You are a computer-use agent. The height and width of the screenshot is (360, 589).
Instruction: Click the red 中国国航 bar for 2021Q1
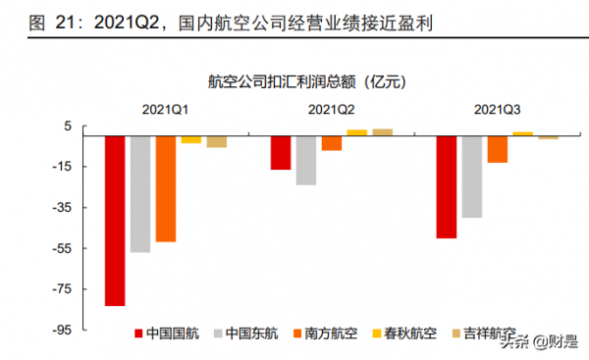pyautogui.click(x=114, y=221)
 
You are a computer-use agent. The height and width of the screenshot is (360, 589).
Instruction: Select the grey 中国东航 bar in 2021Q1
pyautogui.click(x=139, y=194)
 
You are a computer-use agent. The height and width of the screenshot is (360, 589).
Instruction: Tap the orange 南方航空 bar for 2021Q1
pyautogui.click(x=165, y=188)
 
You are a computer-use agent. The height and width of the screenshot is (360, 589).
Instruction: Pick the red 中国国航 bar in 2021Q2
pyautogui.click(x=281, y=153)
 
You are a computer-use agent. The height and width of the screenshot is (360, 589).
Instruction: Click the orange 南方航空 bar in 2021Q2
pyautogui.click(x=331, y=143)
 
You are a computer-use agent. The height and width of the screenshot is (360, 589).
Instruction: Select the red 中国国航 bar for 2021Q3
pyautogui.click(x=446, y=186)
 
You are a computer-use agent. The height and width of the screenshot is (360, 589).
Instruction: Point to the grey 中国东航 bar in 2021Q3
pyautogui.click(x=471, y=177)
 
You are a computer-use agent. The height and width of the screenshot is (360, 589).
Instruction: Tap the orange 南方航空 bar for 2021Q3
pyautogui.click(x=497, y=149)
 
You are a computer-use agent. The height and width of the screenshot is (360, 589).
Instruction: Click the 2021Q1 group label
pyautogui.click(x=165, y=111)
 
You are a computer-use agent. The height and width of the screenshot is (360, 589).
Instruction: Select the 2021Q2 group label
pyautogui.click(x=331, y=111)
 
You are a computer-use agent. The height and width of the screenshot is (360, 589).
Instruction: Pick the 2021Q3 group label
pyautogui.click(x=497, y=111)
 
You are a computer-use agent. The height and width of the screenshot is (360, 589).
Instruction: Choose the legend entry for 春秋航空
pyautogui.click(x=404, y=334)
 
